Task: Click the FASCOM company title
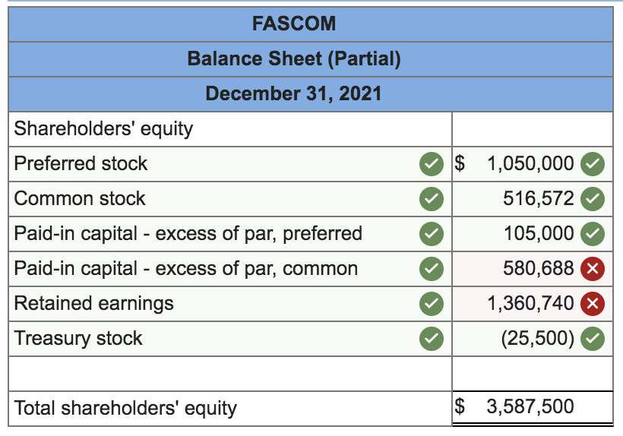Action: tap(293, 24)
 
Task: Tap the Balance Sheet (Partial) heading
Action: tap(293, 58)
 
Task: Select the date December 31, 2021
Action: tap(293, 93)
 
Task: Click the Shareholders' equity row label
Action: tap(103, 128)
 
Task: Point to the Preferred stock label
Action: tap(81, 163)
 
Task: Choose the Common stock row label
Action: tap(80, 198)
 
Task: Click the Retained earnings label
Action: tap(94, 303)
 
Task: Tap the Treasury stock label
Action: tap(78, 338)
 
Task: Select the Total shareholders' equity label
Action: tap(125, 408)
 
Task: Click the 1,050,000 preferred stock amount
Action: tap(530, 163)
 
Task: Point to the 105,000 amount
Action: tap(539, 233)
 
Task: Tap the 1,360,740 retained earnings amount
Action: tap(530, 303)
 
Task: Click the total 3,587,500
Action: tap(530, 406)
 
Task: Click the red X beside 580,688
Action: tap(592, 269)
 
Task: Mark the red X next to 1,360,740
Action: tap(592, 304)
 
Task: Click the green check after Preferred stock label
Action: tap(432, 163)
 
